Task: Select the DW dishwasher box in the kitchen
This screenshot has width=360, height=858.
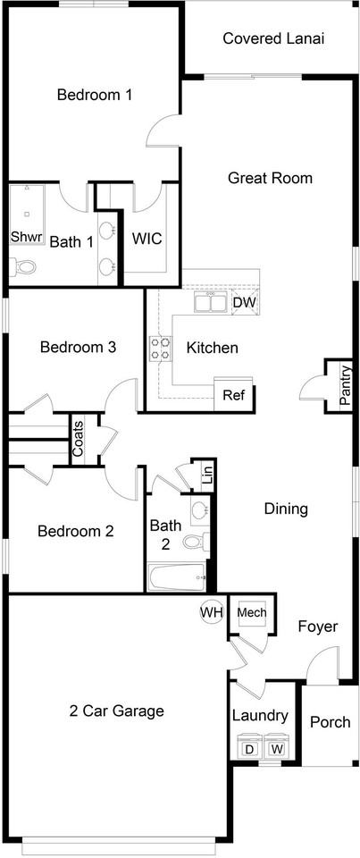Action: click(245, 302)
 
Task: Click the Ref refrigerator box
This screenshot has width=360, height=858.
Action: click(234, 393)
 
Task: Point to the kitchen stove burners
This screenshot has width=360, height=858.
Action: click(160, 348)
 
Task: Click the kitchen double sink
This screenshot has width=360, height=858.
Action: click(210, 302)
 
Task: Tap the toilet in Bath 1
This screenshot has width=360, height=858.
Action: click(23, 267)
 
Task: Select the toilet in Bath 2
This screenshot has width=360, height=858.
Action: click(196, 542)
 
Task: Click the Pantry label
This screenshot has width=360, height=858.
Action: click(345, 385)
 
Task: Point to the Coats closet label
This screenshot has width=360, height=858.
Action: click(79, 439)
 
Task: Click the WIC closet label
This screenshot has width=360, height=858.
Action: click(147, 240)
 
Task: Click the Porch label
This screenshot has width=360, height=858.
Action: click(330, 722)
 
